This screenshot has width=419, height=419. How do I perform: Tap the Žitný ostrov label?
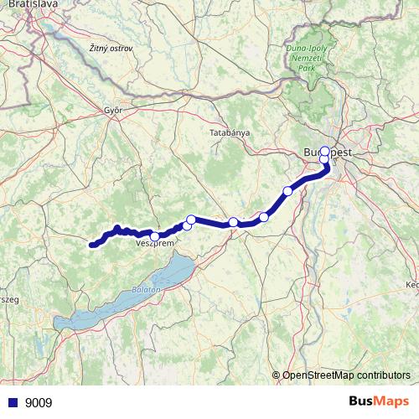[x=109, y=50]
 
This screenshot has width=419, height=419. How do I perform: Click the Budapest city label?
[x=327, y=153]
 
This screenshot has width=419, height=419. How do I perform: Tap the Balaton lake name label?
[x=145, y=289]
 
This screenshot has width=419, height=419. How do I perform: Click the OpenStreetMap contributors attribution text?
[x=345, y=375]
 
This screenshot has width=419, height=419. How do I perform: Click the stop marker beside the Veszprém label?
[x=156, y=235]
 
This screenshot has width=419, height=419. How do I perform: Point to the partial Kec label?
[x=411, y=285]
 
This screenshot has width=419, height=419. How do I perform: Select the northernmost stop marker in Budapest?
[x=325, y=152]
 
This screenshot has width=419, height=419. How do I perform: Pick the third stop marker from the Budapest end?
[x=288, y=191]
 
